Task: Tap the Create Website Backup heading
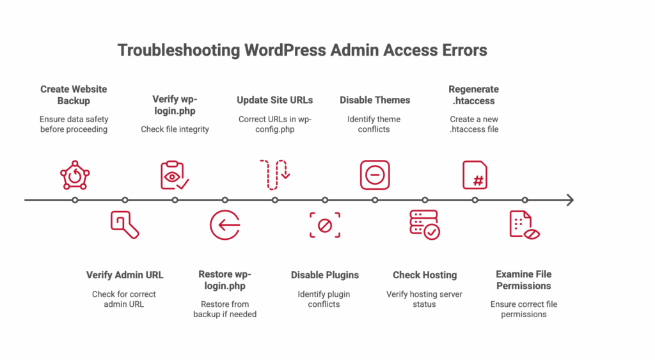click(x=74, y=95)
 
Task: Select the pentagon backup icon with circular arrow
click(x=75, y=175)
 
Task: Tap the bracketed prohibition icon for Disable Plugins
click(x=325, y=226)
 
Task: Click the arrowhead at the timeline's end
click(x=571, y=200)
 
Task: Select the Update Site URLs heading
click(x=274, y=100)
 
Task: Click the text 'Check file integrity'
click(x=175, y=129)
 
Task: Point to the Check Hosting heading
click(x=425, y=275)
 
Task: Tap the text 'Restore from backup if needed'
click(x=225, y=309)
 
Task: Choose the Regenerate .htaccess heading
click(x=474, y=95)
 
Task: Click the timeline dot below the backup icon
click(x=75, y=200)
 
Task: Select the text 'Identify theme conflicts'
click(x=374, y=124)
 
